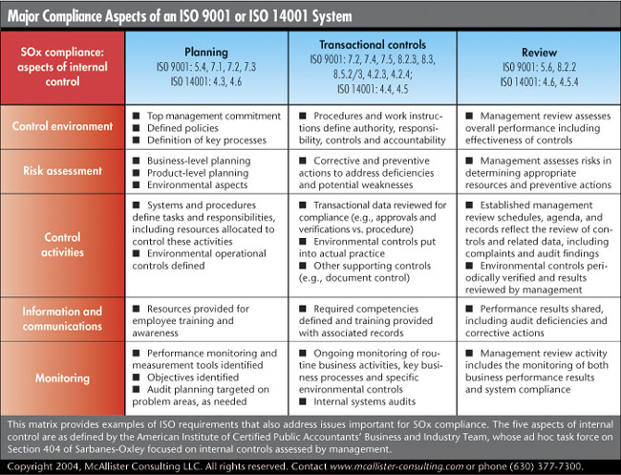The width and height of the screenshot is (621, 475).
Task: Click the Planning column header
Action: [x=206, y=53]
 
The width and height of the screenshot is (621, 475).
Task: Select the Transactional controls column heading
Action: [x=373, y=44]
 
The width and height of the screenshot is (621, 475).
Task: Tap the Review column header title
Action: [x=539, y=53]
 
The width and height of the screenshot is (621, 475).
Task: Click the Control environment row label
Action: [x=62, y=126]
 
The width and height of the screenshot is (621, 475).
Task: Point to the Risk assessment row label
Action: [x=62, y=171]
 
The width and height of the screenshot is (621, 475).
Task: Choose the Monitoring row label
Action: [x=62, y=378]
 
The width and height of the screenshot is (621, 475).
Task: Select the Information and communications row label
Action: [x=62, y=318]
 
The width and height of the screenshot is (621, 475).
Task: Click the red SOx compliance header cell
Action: [x=62, y=67]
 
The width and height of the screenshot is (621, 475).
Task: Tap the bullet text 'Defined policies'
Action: [x=182, y=128]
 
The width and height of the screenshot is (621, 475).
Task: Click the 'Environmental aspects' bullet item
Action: [x=197, y=185]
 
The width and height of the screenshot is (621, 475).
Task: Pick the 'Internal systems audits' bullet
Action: [x=364, y=401]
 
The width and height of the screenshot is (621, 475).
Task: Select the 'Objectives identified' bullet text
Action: [x=193, y=378]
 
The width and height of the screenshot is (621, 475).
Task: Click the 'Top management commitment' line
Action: [x=214, y=116]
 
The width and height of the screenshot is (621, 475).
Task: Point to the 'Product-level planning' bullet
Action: [x=198, y=173]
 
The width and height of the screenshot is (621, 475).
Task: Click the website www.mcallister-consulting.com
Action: [x=396, y=466]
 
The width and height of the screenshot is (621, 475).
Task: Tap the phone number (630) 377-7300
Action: [x=546, y=465]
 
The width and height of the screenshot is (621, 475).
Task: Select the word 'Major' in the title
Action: [x=23, y=16]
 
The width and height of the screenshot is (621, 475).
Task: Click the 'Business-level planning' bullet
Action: [x=199, y=161]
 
